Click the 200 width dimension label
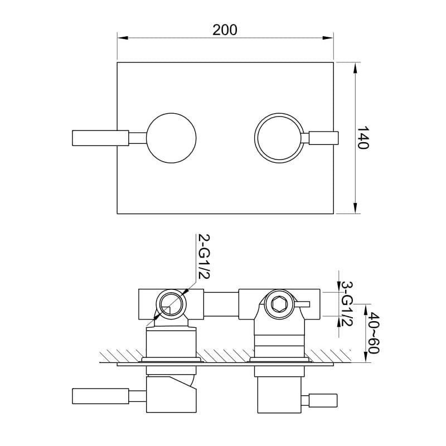click(225, 30)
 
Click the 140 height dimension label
click(363, 137)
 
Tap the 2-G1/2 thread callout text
click(203, 256)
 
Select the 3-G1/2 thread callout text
click(347, 304)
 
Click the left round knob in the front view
click(171, 138)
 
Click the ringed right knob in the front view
click(278, 138)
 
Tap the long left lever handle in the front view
click(100, 138)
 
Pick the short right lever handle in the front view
click(324, 138)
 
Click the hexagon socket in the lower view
click(278, 304)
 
